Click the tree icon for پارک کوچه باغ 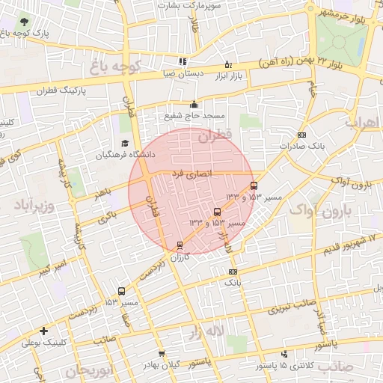pos(26,22)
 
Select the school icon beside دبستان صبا pos(182,62)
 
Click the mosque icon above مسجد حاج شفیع pos(194,105)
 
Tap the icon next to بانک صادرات pos(301,135)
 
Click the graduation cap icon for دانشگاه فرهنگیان pos(125,144)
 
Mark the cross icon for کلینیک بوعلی pos(44,330)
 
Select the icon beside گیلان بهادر pos(161,353)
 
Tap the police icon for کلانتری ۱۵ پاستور pos(284,355)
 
